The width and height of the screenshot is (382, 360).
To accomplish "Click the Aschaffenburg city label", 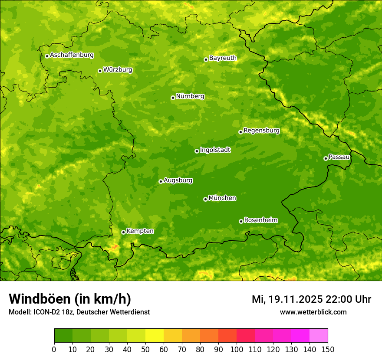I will click(x=72, y=55).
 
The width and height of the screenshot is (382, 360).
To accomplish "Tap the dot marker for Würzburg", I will click(x=100, y=71).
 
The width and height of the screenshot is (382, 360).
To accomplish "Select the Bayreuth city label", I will click(x=223, y=58).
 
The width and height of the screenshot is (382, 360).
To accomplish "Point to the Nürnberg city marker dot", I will click(x=173, y=98).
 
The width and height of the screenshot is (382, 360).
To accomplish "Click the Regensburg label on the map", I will click(x=261, y=131).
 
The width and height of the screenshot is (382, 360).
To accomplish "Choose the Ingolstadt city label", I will click(x=215, y=150).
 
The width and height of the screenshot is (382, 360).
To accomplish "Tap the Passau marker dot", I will click(x=326, y=158).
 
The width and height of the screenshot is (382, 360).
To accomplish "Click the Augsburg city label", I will click(x=178, y=180).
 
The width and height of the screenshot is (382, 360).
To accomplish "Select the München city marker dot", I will click(x=205, y=199).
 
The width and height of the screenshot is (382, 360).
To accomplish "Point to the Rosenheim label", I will click(x=260, y=220).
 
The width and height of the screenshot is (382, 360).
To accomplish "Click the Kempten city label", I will click(x=140, y=231).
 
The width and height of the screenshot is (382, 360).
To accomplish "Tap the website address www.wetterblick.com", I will click(x=313, y=312).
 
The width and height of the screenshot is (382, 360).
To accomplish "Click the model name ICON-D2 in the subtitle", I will click(x=45, y=312).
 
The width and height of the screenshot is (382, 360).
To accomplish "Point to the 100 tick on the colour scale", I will click(x=237, y=349).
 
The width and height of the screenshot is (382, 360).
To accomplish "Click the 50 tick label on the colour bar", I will click(x=145, y=349).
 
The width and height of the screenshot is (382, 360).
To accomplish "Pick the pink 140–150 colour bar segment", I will click(x=319, y=336).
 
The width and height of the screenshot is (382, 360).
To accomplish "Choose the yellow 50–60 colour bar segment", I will click(x=155, y=336).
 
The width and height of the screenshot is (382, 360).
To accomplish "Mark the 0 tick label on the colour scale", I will click(x=54, y=349).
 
